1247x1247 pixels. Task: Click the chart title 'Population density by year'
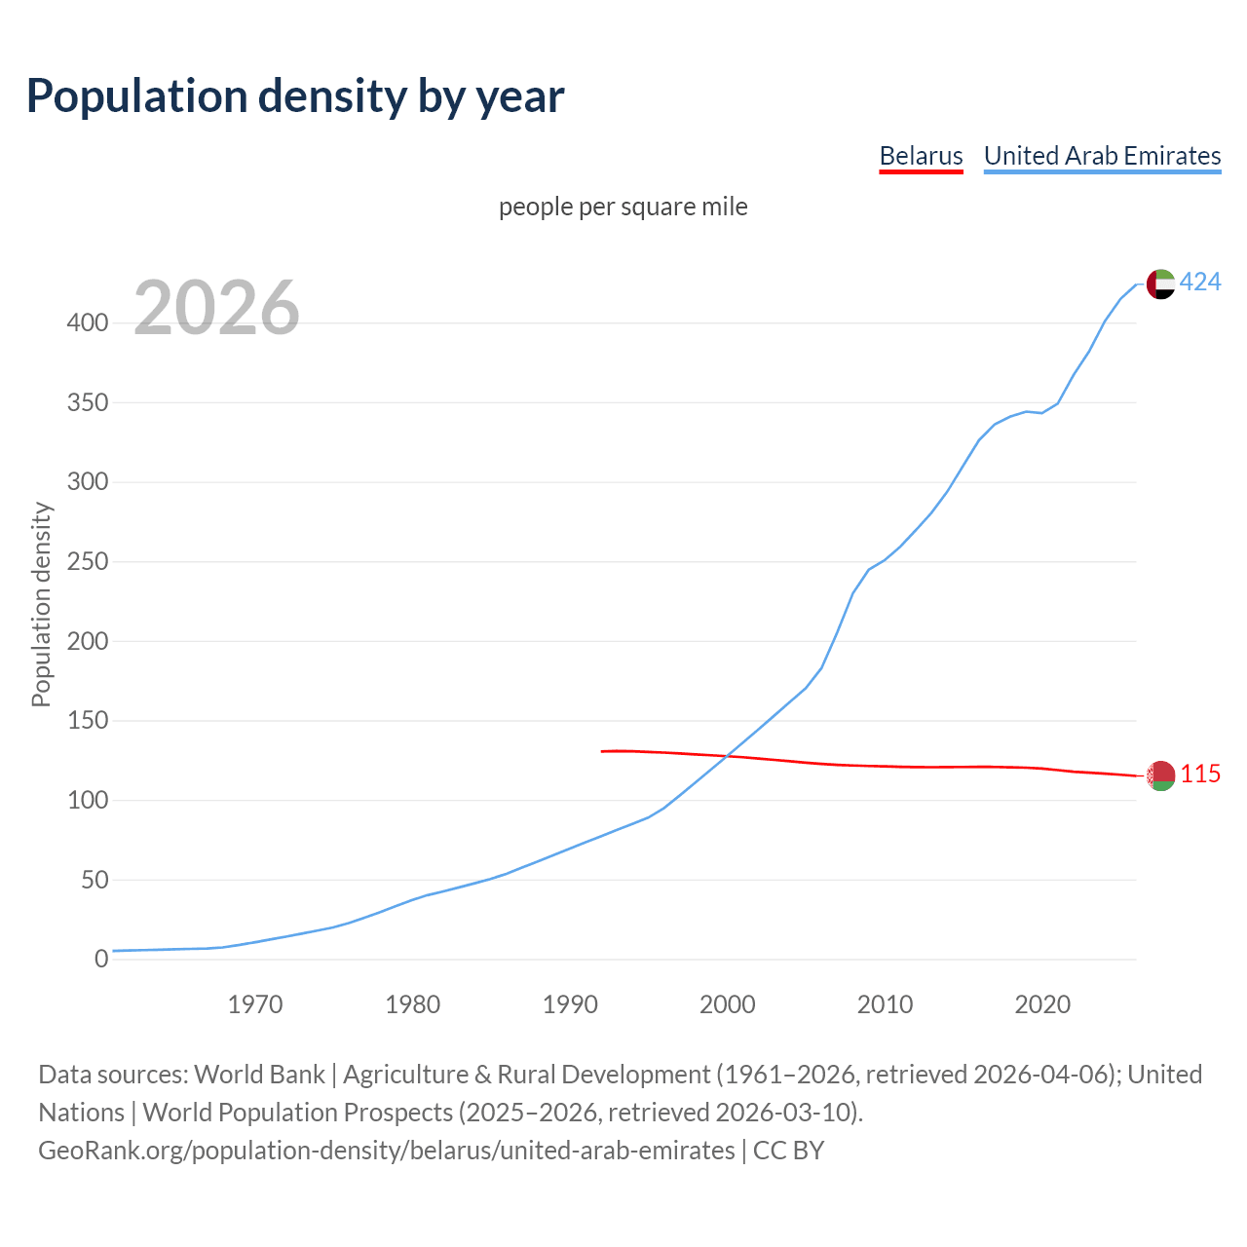295,95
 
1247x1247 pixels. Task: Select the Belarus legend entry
921,156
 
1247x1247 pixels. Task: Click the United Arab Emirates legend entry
1102,156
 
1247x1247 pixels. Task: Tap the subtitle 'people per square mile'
623,207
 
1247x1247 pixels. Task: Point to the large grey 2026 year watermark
216,308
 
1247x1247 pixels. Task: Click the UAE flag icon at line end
1160,283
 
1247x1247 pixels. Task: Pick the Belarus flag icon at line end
1160,775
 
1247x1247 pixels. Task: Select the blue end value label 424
1200,283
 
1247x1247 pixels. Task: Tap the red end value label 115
1200,775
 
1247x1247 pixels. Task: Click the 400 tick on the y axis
87,323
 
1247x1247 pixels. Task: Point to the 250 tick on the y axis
87,562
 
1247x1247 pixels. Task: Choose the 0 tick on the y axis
101,960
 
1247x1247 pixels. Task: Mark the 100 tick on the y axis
87,801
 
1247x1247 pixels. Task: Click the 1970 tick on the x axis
255,1004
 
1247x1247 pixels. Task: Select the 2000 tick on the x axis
727,1004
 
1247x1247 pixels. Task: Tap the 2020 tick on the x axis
1042,1004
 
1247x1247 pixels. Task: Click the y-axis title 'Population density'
41,604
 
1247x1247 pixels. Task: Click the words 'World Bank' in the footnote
259,1075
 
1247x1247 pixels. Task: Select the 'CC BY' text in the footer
788,1151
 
